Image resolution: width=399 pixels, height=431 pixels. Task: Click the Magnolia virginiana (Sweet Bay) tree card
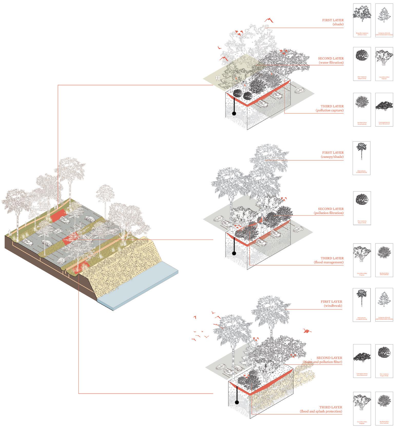pyautogui.click(x=362, y=20)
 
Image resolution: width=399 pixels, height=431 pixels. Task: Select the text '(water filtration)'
pyautogui.click(x=331, y=62)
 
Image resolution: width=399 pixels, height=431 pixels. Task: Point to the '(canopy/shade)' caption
pyautogui.click(x=332, y=157)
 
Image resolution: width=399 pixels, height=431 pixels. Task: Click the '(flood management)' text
pyautogui.click(x=328, y=262)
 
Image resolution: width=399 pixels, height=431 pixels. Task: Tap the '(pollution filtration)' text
pyautogui.click(x=328, y=213)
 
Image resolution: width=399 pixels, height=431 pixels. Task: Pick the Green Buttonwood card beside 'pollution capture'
pyautogui.click(x=384, y=110)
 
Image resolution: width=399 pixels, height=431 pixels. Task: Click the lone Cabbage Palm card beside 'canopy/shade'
pyautogui.click(x=362, y=158)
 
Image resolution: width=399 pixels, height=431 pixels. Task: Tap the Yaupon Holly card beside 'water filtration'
pyautogui.click(x=362, y=64)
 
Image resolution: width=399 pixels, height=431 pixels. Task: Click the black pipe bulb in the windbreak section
pyautogui.click(x=237, y=402)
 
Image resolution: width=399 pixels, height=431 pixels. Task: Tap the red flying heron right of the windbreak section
pyautogui.click(x=306, y=331)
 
